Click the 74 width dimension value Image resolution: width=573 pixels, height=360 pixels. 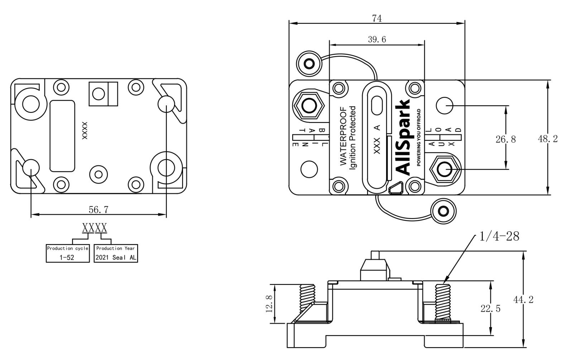(x=377, y=18)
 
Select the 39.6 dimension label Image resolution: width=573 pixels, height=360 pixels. (x=377, y=39)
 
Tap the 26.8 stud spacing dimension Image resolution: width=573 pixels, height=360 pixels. (x=505, y=139)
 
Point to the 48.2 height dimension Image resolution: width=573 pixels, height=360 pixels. (x=548, y=139)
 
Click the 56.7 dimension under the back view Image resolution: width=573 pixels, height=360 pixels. (x=98, y=210)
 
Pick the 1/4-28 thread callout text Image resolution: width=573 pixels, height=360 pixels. (x=499, y=236)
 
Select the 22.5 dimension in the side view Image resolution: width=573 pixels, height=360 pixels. (x=490, y=308)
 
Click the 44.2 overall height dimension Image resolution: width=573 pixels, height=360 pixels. (x=523, y=300)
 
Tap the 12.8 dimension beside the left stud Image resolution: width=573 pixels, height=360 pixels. (x=270, y=304)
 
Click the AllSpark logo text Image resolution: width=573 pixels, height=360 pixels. (x=404, y=137)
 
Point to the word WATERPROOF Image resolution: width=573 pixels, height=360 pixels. (x=343, y=136)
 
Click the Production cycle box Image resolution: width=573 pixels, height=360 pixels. (x=68, y=253)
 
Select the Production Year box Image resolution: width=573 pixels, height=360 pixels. (x=116, y=253)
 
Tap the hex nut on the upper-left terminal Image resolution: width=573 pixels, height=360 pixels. (x=308, y=106)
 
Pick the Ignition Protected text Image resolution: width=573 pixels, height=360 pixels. (x=353, y=137)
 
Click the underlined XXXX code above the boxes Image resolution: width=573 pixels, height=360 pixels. (x=95, y=228)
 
